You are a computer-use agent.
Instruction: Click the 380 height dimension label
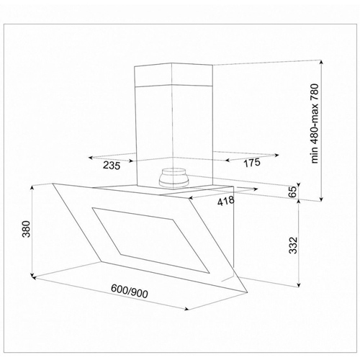click(x=26, y=229)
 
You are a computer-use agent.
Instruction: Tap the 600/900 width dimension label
click(x=130, y=292)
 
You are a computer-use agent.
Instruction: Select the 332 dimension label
click(x=293, y=246)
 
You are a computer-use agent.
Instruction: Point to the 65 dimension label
click(x=293, y=192)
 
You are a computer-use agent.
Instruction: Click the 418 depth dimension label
click(x=226, y=201)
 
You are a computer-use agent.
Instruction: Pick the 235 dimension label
click(x=112, y=166)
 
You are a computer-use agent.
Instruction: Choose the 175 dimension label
click(x=252, y=163)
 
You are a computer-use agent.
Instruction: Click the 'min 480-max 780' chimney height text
click(x=314, y=123)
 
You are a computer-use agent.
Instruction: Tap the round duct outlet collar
click(x=174, y=178)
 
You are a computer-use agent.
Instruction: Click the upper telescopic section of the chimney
click(x=174, y=75)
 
